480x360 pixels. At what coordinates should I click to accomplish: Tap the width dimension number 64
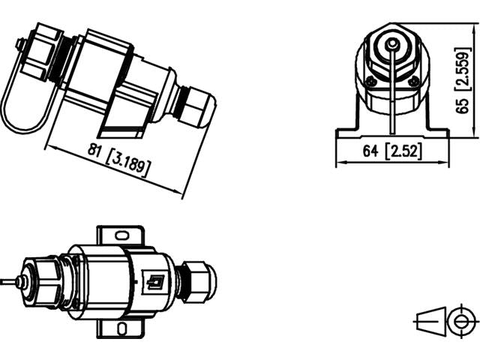click(x=370, y=151)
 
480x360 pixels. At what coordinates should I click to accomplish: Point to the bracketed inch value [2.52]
click(x=404, y=151)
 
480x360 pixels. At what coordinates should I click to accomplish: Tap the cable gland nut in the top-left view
click(x=196, y=109)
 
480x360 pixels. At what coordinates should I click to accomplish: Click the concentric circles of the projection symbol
click(x=458, y=321)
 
